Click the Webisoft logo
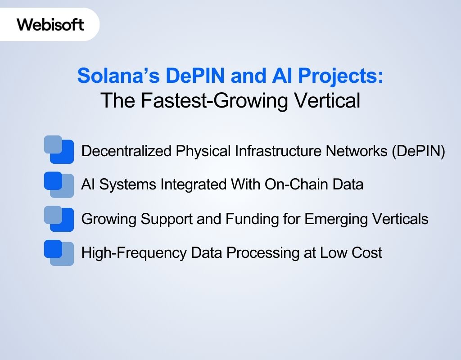coord(50,24)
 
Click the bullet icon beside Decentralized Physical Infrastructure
coord(59,149)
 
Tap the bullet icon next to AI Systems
coord(59,184)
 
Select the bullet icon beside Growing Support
coord(59,218)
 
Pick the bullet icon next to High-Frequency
coord(59,252)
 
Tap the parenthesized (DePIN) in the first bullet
coord(418,151)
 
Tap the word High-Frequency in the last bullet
coord(133,253)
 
